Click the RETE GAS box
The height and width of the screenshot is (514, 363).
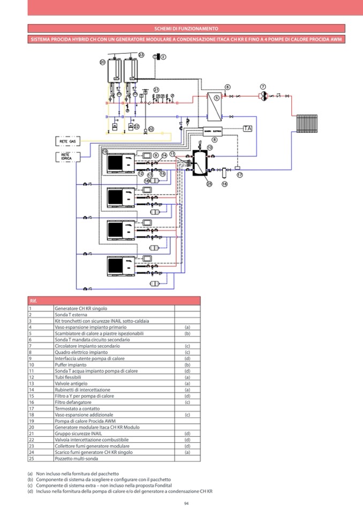click(69, 141)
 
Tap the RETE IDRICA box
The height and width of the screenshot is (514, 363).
click(69, 157)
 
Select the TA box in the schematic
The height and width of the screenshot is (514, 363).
click(247, 129)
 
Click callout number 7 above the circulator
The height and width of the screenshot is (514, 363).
click(263, 86)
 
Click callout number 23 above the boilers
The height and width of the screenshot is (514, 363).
click(141, 55)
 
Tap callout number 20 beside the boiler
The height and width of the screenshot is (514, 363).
click(103, 62)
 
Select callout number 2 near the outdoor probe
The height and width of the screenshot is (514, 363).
click(164, 57)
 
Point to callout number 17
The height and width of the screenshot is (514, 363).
click(240, 175)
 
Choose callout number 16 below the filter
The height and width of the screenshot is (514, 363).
click(224, 184)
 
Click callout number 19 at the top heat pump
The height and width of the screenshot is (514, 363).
click(105, 152)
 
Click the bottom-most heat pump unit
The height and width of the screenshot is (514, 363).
click(118, 265)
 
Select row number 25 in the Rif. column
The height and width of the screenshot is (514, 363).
click(31, 458)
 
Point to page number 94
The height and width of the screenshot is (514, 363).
click(186, 503)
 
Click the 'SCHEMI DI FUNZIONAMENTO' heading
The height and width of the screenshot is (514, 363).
click(185, 28)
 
